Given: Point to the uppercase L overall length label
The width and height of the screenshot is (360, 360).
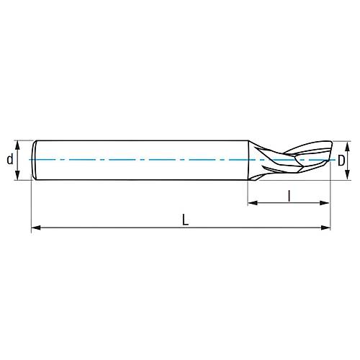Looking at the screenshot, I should click(x=185, y=220).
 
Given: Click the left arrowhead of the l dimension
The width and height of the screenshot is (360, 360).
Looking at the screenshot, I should click(x=251, y=204).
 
